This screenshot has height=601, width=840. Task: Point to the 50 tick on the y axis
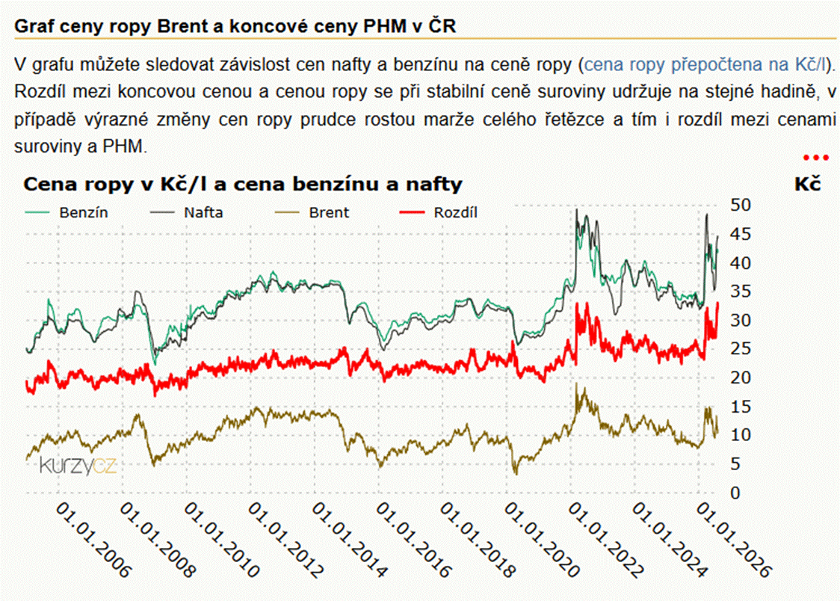click(741, 205)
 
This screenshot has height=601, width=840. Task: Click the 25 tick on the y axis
click(741, 348)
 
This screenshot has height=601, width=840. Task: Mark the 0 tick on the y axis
click(735, 493)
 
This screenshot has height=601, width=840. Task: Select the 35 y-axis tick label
click(741, 292)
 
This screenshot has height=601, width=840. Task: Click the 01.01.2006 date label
click(93, 540)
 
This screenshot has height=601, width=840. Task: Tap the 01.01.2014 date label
click(349, 540)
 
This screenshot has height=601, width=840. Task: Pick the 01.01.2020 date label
click(542, 540)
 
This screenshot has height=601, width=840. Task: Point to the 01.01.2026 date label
click(734, 540)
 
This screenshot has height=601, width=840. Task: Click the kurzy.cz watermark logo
click(78, 466)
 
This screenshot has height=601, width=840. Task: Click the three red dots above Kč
click(816, 158)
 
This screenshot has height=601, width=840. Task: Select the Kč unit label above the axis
click(807, 185)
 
